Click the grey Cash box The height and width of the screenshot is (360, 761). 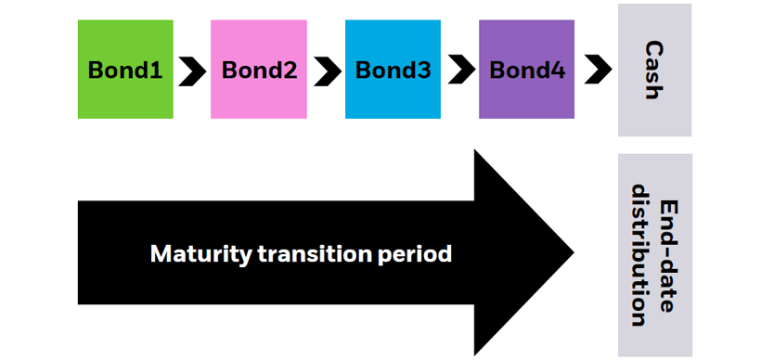click(x=654, y=70)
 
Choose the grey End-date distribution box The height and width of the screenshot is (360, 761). click(x=654, y=255)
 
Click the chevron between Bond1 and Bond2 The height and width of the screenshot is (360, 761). click(x=192, y=71)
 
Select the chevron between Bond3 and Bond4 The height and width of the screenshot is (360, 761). click(x=459, y=71)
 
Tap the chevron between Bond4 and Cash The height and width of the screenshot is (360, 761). click(x=598, y=71)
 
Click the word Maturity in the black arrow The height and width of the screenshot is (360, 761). click(x=194, y=253)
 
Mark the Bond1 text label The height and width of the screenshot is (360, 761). click(x=125, y=71)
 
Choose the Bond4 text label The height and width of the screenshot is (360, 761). click(x=526, y=71)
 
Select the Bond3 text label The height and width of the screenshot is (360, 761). click(x=393, y=71)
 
